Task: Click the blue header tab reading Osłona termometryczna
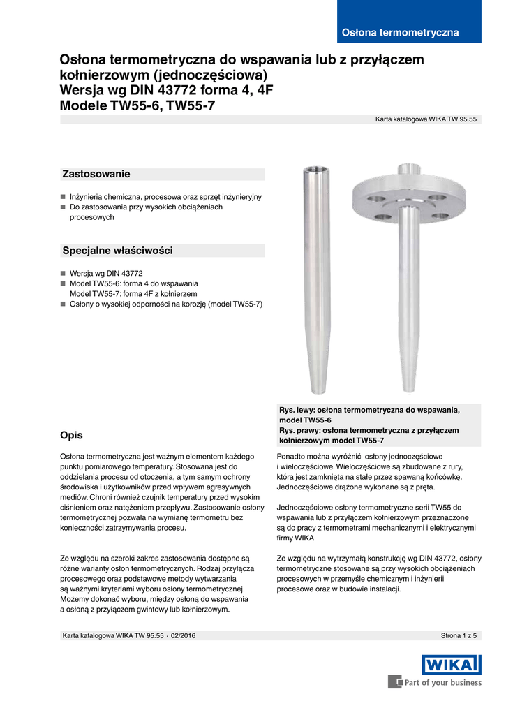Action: click(400, 33)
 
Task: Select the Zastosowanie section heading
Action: click(96, 174)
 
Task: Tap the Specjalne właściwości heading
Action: click(117, 250)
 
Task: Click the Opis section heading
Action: click(72, 435)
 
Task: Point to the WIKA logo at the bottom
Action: click(451, 664)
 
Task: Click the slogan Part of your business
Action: click(442, 682)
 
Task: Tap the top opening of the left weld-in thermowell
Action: click(312, 170)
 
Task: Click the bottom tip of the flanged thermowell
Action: click(405, 390)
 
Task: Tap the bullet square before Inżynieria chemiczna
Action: click(63, 198)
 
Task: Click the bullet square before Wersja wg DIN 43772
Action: click(63, 274)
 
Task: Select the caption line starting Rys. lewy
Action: click(369, 410)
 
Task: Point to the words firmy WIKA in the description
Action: click(295, 538)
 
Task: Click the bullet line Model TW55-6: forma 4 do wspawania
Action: click(134, 283)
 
